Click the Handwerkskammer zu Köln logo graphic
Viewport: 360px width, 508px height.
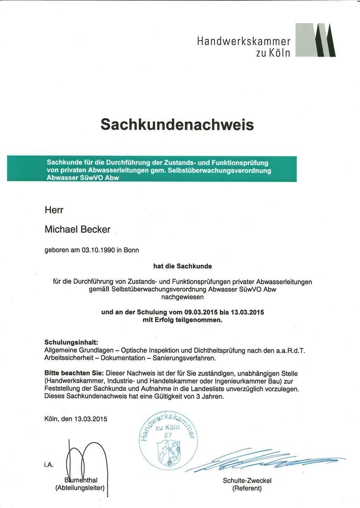coord(315,40)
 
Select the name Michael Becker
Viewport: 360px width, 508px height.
coord(77,229)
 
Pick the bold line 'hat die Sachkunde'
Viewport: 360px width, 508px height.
coord(182,266)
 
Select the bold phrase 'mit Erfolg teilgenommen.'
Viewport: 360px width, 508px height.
coord(182,320)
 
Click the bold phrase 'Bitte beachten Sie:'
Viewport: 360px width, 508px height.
coord(74,374)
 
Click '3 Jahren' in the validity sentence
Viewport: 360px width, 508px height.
coord(210,397)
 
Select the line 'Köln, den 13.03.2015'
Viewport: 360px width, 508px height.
coord(76,420)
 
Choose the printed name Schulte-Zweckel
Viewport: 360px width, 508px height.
coord(247,480)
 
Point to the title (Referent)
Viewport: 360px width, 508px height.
coord(247,488)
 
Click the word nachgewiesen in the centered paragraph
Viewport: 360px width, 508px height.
coord(182,297)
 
